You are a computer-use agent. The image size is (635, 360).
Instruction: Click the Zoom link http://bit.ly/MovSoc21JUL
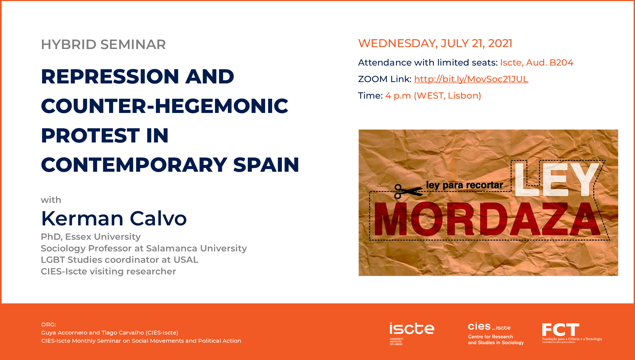pyautogui.click(x=471, y=79)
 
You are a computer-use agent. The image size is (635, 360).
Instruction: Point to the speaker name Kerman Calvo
pyautogui.click(x=114, y=218)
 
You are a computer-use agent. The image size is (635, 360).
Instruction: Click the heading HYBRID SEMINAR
pyautogui.click(x=103, y=44)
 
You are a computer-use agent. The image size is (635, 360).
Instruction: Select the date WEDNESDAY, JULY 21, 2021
pyautogui.click(x=435, y=43)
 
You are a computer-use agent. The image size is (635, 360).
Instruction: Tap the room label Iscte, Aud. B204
pyautogui.click(x=537, y=63)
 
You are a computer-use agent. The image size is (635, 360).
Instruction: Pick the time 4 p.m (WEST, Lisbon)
pyautogui.click(x=433, y=96)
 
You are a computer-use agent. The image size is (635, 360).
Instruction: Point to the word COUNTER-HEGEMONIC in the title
pyautogui.click(x=165, y=106)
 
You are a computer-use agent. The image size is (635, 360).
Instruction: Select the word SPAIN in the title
pyautogui.click(x=266, y=165)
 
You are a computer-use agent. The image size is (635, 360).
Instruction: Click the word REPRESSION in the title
pyautogui.click(x=110, y=76)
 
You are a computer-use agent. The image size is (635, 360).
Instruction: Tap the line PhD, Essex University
pyautogui.click(x=91, y=237)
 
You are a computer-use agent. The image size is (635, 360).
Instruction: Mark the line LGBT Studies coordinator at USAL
pyautogui.click(x=120, y=260)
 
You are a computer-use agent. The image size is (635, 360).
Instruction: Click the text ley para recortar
pyautogui.click(x=464, y=185)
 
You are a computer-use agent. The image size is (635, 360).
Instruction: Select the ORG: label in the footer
pyautogui.click(x=49, y=325)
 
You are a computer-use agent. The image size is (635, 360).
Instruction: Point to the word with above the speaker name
pyautogui.click(x=51, y=200)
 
